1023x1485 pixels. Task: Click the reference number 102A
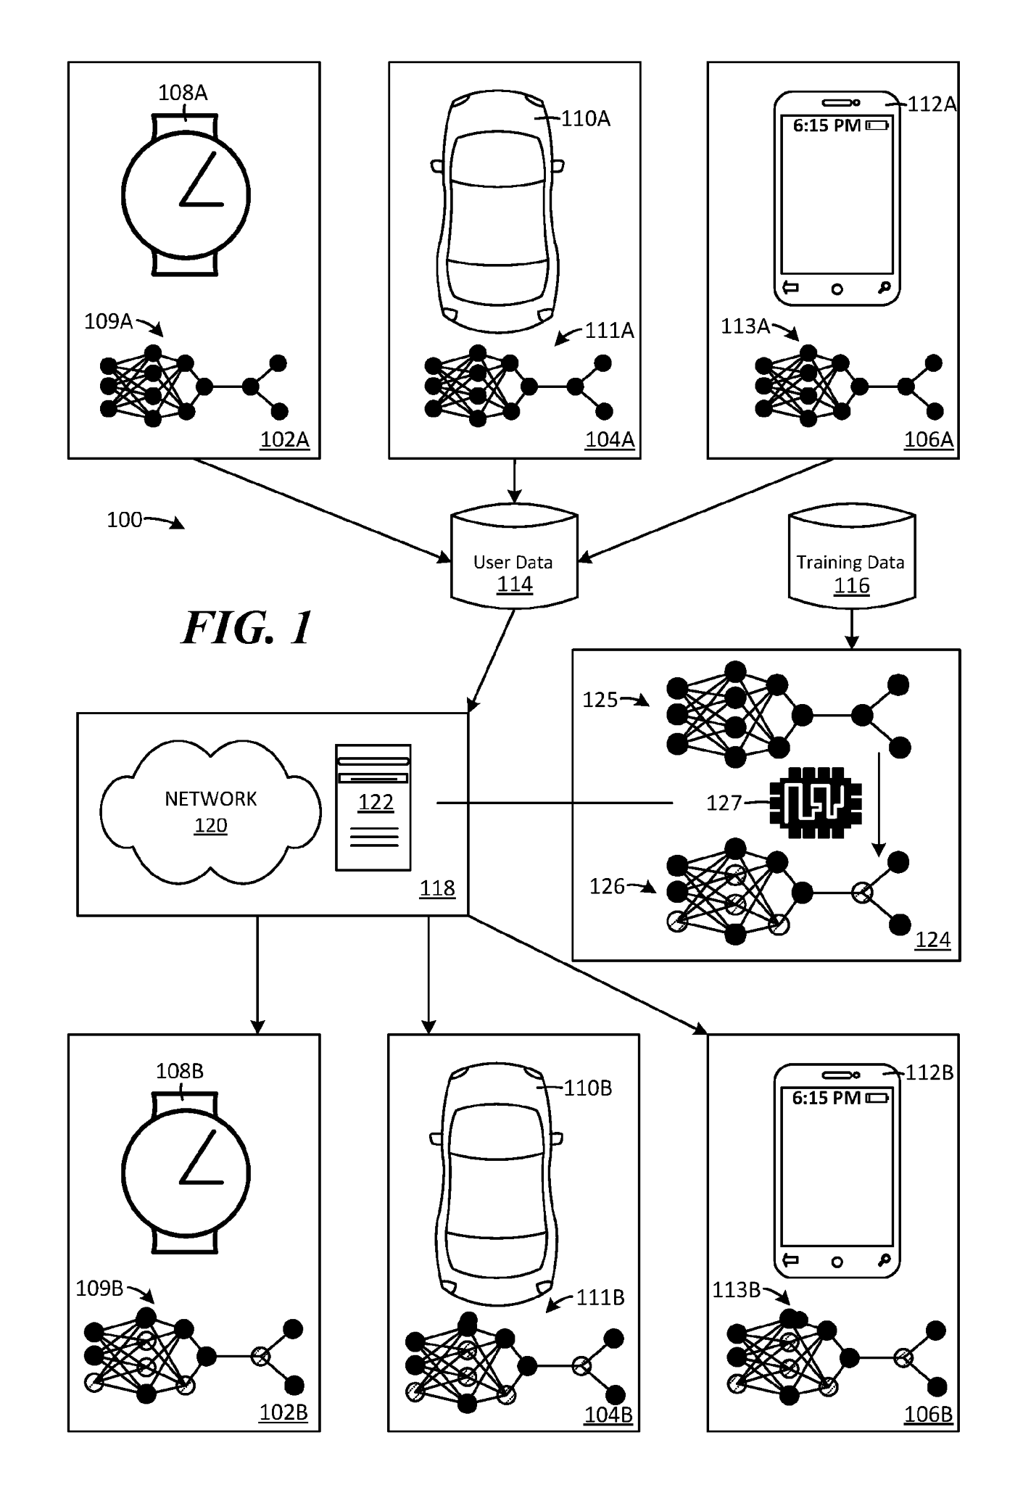pyautogui.click(x=284, y=439)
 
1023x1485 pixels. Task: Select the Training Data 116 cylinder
pyautogui.click(x=851, y=557)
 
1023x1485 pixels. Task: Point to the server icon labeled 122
pyautogui.click(x=373, y=806)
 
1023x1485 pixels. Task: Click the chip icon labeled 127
pyautogui.click(x=815, y=803)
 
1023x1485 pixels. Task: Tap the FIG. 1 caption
pyautogui.click(x=247, y=627)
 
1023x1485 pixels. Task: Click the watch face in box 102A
pyautogui.click(x=186, y=196)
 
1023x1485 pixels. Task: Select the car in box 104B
pyautogui.click(x=497, y=1180)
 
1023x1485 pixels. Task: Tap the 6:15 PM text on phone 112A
pyautogui.click(x=827, y=125)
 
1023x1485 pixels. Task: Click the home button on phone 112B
pyautogui.click(x=837, y=1262)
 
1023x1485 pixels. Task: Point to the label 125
pyautogui.click(x=600, y=700)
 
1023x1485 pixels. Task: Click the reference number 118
pyautogui.click(x=437, y=888)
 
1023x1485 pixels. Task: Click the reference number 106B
pyautogui.click(x=928, y=1414)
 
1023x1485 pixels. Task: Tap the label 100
pyautogui.click(x=125, y=520)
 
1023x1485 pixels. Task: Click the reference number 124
pyautogui.click(x=932, y=940)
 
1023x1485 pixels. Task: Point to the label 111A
pyautogui.click(x=609, y=331)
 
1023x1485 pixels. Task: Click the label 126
pyautogui.click(x=607, y=886)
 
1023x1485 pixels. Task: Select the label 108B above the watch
pyautogui.click(x=179, y=1071)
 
